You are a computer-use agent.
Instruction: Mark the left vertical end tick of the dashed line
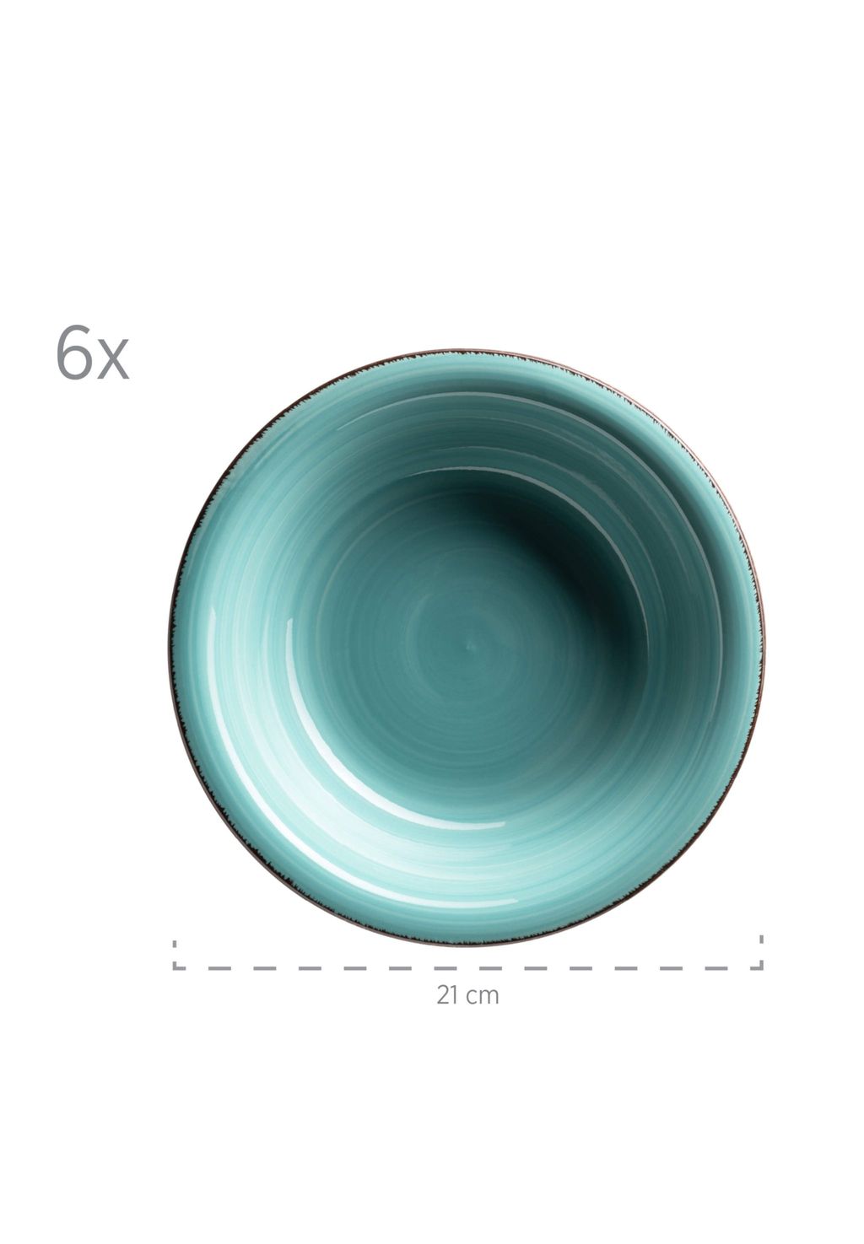point(175,955)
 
